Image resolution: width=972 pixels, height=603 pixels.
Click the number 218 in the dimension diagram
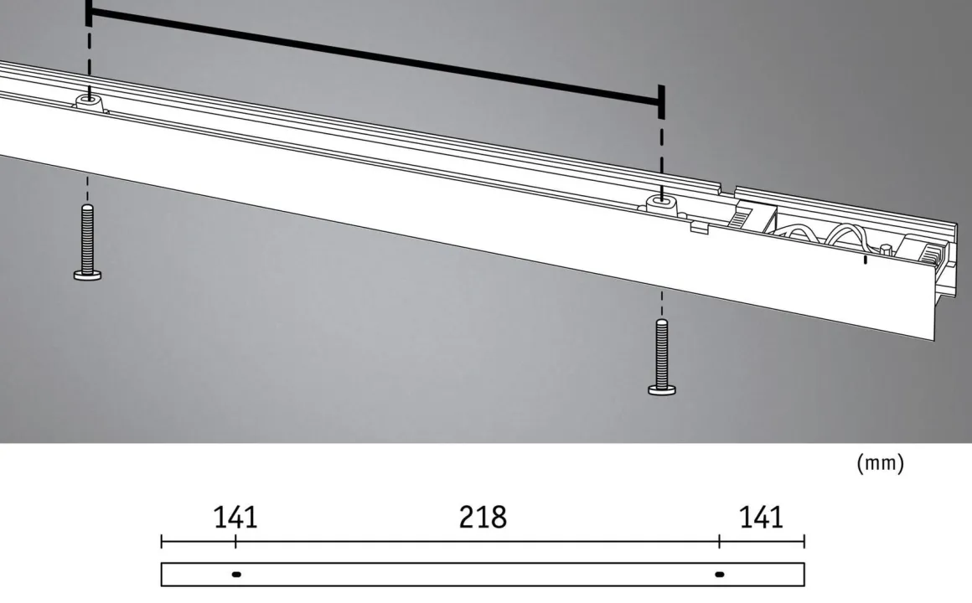pos(483,517)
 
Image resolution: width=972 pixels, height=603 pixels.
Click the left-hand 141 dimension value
pos(235,517)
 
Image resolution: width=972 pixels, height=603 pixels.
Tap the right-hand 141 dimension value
pos(761,517)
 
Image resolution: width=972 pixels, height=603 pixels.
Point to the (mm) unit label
pos(881,463)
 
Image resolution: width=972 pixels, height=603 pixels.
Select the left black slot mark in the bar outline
pos(236,575)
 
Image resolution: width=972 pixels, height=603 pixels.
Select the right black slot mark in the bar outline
pos(720,575)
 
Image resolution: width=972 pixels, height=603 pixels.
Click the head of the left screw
pos(87,276)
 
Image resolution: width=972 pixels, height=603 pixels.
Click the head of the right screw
pos(662,389)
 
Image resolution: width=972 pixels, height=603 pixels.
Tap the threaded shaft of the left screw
pos(87,238)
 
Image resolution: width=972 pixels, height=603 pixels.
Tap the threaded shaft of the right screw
pos(662,353)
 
